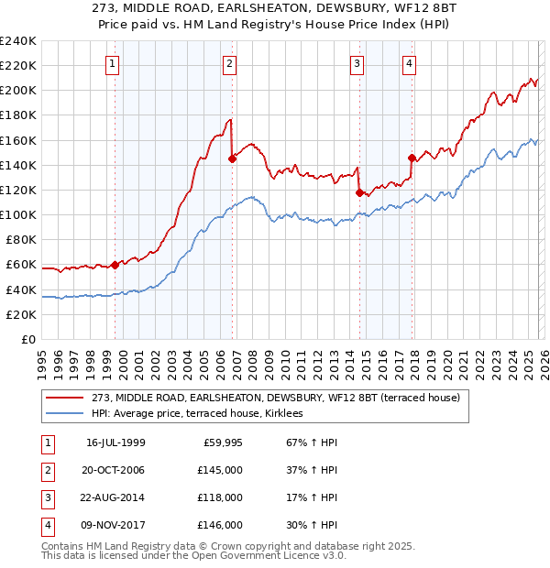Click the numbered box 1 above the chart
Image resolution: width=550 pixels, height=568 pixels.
pyautogui.click(x=112, y=63)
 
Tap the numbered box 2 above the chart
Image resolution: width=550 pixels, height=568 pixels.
pyautogui.click(x=229, y=63)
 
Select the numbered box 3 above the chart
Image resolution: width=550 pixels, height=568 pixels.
pyautogui.click(x=357, y=63)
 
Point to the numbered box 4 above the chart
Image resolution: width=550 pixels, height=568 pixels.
pyautogui.click(x=409, y=63)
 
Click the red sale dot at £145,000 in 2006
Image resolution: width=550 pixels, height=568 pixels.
pyautogui.click(x=232, y=158)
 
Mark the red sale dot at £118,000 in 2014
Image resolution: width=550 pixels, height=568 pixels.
pyautogui.click(x=359, y=192)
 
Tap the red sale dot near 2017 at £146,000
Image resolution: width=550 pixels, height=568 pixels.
pyautogui.click(x=412, y=158)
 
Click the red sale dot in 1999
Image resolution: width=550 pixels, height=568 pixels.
pyautogui.click(x=115, y=265)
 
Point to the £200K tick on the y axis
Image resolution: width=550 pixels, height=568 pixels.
pyautogui.click(x=18, y=91)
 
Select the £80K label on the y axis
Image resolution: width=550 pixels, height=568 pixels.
pyautogui.click(x=21, y=239)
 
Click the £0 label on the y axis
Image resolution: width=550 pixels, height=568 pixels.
pyautogui.click(x=29, y=339)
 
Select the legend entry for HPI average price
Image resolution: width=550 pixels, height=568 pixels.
pyautogui.click(x=203, y=414)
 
